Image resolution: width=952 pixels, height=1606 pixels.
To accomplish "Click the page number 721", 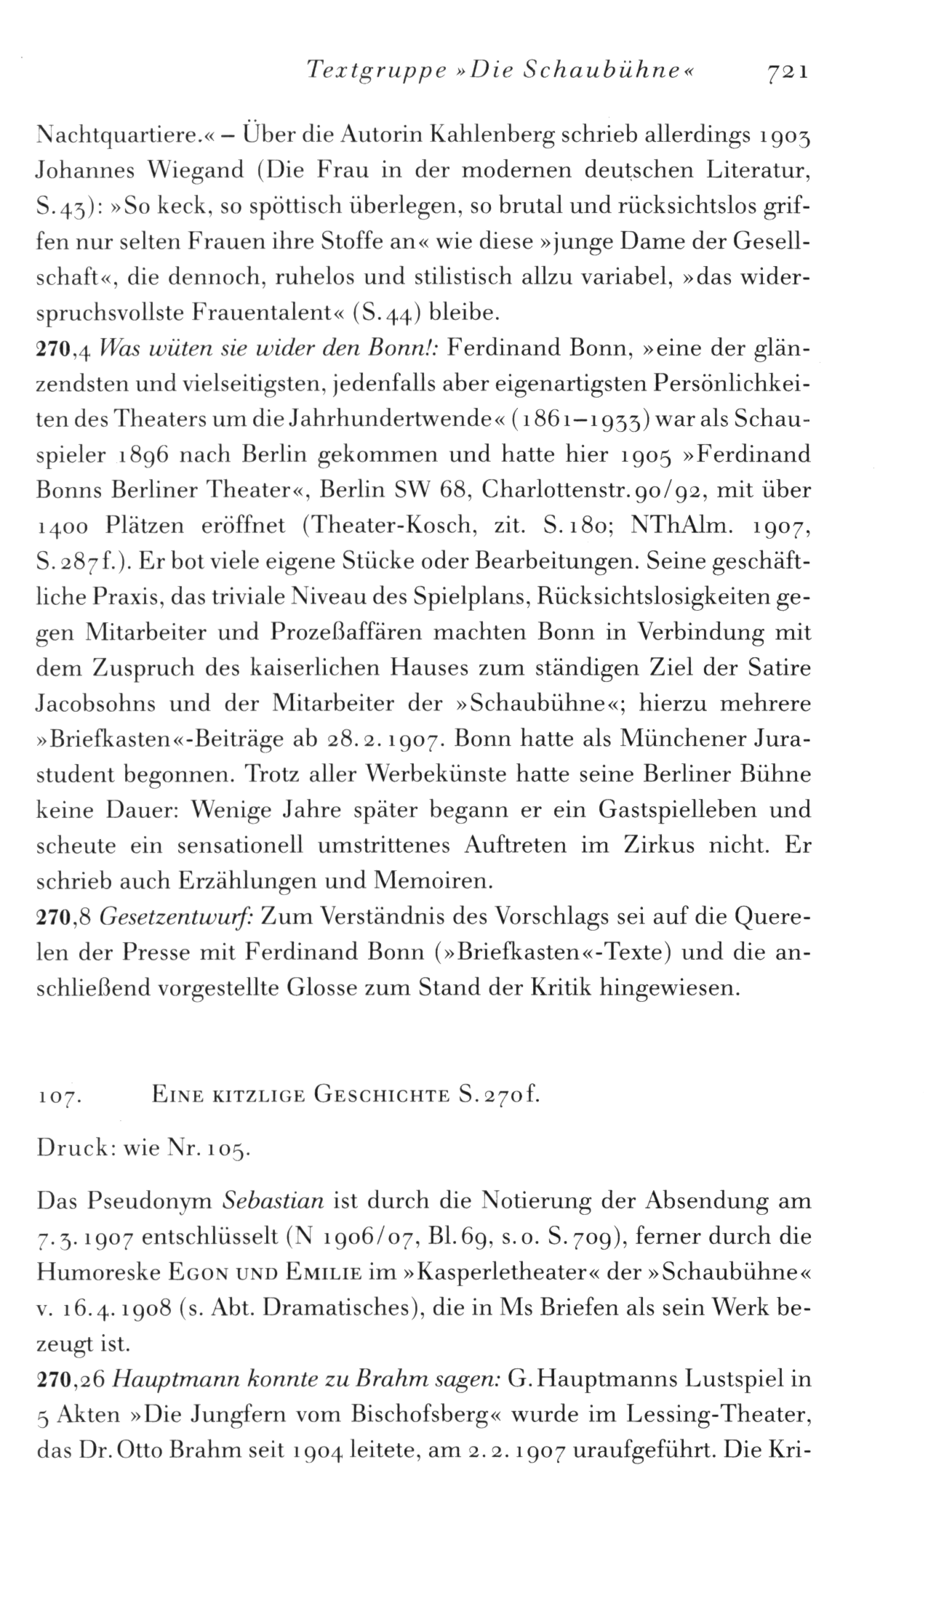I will tap(783, 72).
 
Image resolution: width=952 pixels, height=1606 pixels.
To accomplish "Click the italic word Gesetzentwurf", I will tap(175, 918).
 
